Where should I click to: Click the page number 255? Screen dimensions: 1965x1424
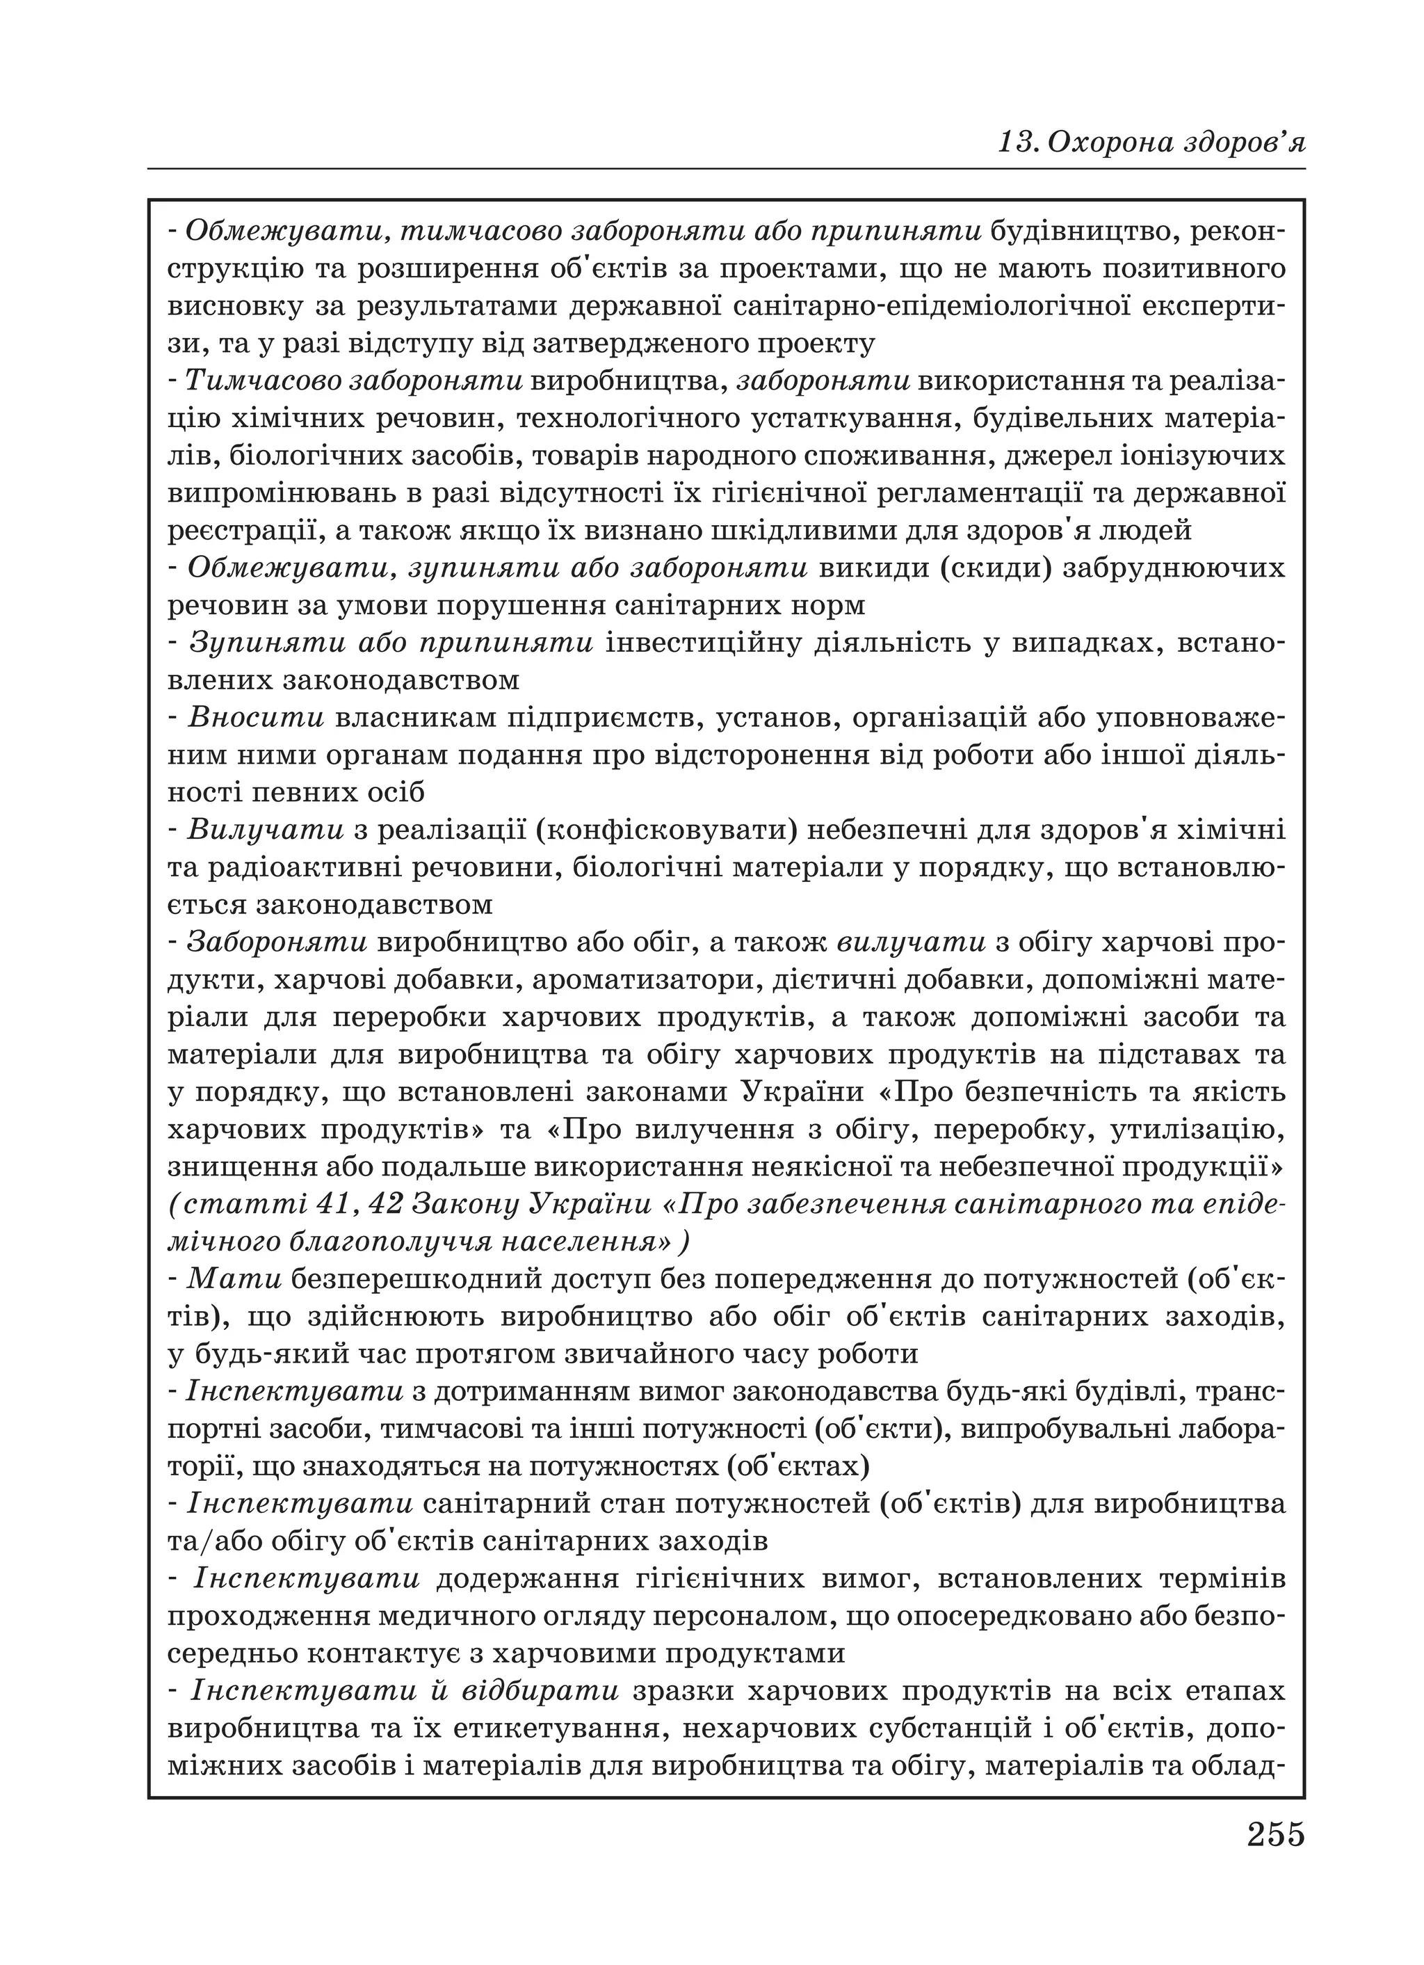point(1275,1834)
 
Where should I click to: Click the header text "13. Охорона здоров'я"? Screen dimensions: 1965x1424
point(1151,141)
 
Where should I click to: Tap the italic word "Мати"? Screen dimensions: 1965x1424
point(236,1278)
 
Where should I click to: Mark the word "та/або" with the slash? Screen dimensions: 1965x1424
point(208,1541)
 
